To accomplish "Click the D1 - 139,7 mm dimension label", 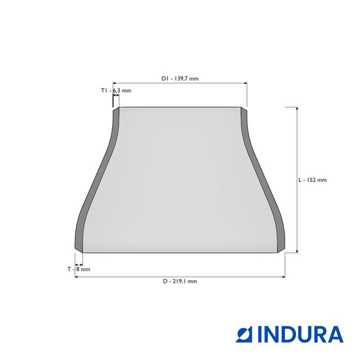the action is coord(180,79).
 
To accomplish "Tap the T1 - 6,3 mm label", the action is coord(116,91).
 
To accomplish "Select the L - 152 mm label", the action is coord(312,180).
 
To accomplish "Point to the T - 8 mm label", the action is coord(79,269).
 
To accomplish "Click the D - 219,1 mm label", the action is coord(180,281).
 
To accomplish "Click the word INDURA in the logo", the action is coord(300,334).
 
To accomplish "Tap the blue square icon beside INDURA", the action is coord(244,334).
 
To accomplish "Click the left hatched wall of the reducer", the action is coord(97,179).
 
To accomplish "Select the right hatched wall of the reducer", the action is coord(263,179).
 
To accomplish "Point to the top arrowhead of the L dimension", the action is coord(297,109).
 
